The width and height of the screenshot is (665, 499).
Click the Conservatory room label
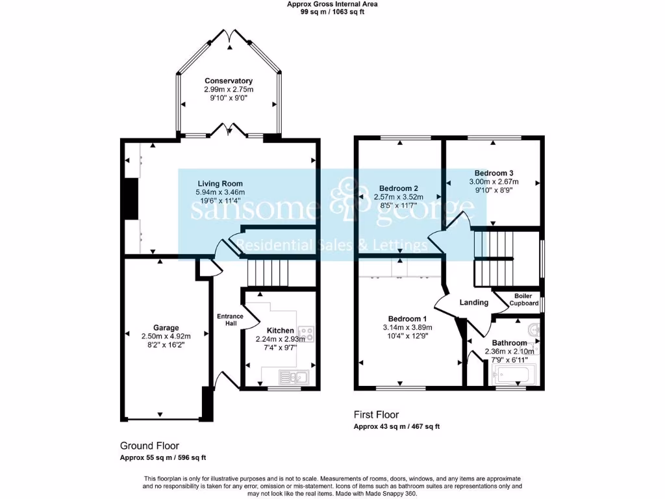pyautogui.click(x=229, y=81)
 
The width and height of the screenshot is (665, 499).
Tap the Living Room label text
pyautogui.click(x=220, y=184)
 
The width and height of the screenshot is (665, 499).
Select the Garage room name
pyautogui.click(x=166, y=328)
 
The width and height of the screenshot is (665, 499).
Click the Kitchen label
pyautogui.click(x=280, y=331)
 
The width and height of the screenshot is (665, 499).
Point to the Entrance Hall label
pyautogui.click(x=229, y=320)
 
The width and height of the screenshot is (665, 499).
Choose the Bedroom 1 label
pyautogui.click(x=407, y=318)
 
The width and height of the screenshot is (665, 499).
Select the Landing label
pyautogui.click(x=473, y=303)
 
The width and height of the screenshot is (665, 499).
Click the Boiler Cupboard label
pyautogui.click(x=523, y=300)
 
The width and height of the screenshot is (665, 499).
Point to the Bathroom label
pyautogui.click(x=509, y=343)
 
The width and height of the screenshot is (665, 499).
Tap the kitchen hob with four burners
pyautogui.click(x=306, y=334)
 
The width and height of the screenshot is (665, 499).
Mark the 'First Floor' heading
pyautogui.click(x=376, y=415)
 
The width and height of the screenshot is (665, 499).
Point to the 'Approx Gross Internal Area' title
pyautogui.click(x=332, y=4)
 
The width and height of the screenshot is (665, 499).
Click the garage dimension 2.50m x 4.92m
pyautogui.click(x=166, y=337)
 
